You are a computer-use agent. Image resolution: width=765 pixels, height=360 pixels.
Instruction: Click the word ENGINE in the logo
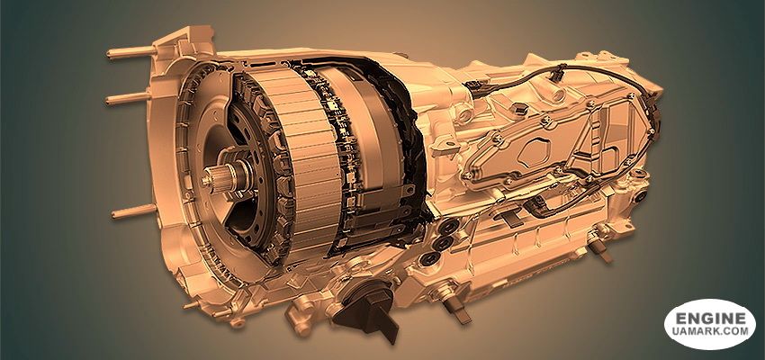pyautogui.click(x=710, y=319)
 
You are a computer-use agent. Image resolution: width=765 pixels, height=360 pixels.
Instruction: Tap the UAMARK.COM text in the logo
pyautogui.click(x=710, y=332)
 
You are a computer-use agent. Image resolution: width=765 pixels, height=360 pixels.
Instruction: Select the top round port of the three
pyautogui.click(x=447, y=226)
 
